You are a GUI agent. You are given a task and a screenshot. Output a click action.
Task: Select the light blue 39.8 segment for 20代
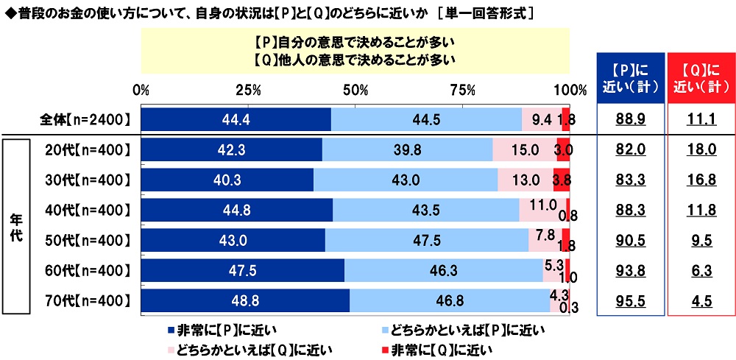click(x=407, y=149)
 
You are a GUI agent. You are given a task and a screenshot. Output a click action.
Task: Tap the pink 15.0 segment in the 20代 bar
click(x=525, y=149)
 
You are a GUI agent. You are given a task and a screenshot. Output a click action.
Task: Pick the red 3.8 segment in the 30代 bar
click(x=562, y=180)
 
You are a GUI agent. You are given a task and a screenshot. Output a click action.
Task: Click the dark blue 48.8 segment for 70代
click(x=245, y=300)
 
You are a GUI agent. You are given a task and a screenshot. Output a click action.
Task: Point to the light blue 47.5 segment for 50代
click(x=427, y=240)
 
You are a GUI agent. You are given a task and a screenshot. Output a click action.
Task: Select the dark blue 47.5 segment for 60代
click(x=242, y=270)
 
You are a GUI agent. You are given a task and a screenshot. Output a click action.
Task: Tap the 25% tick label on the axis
click(x=248, y=91)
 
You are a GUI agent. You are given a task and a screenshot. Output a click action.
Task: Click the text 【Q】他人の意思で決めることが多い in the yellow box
click(x=355, y=60)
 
